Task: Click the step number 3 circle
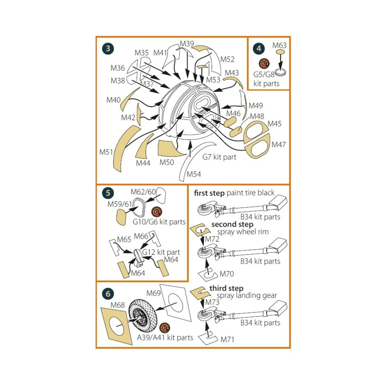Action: coord(108,49)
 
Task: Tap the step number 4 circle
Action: coord(259,48)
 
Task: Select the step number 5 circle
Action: coord(108,193)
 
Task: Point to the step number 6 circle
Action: coord(108,294)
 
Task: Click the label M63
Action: coord(279,46)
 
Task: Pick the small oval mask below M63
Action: coord(280,52)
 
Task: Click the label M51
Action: coord(106,152)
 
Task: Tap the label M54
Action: coord(194,174)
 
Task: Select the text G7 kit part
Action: coord(219,157)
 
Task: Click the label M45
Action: coord(275,124)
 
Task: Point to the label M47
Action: coord(278,145)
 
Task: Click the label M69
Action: coord(154,293)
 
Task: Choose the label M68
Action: coord(118,305)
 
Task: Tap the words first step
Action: coord(209,193)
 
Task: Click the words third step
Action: coord(226,288)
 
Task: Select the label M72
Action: coord(212,239)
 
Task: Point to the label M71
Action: coord(227,340)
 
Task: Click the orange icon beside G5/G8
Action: coord(264,64)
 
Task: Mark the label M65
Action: coord(124,239)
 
